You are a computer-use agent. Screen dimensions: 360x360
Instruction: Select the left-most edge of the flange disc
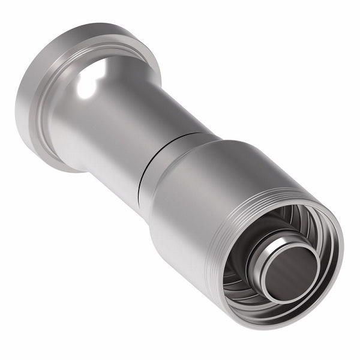pos(16,108)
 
